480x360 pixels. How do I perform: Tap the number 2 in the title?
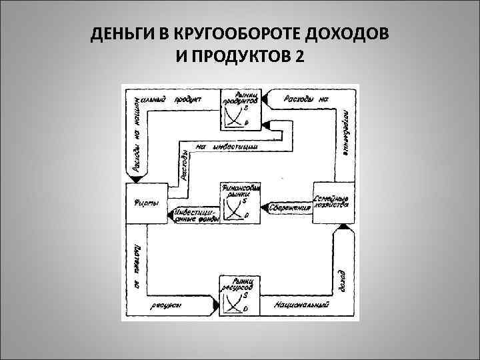298,57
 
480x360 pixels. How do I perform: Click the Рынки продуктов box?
241,109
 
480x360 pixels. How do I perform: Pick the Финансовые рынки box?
239,202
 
